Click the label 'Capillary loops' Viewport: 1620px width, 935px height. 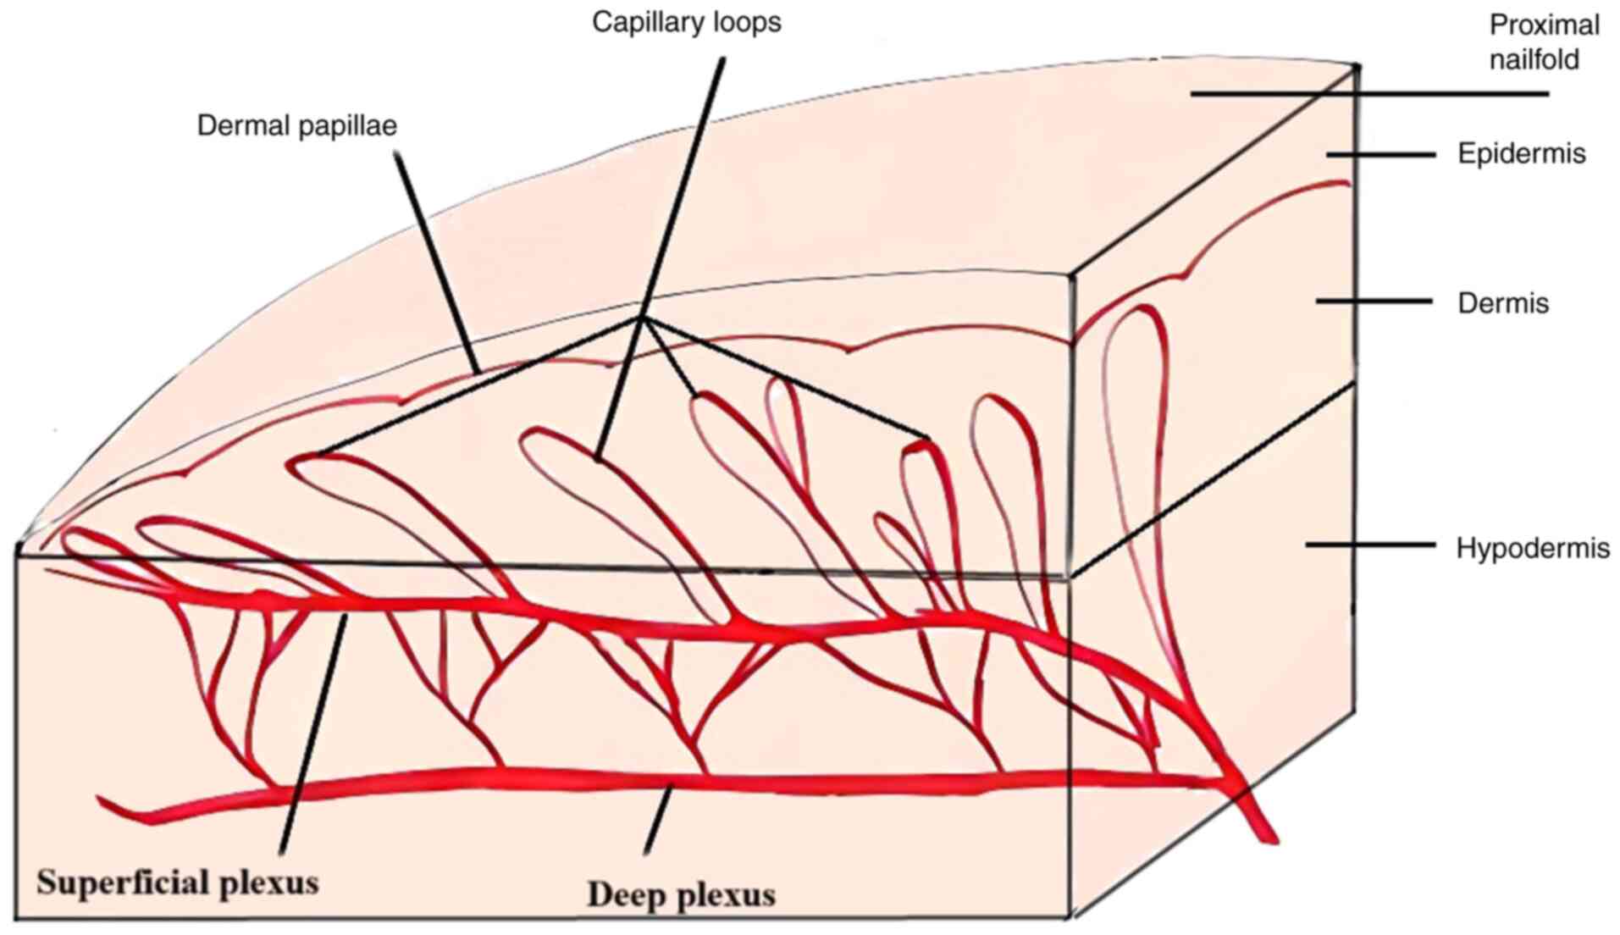(x=686, y=23)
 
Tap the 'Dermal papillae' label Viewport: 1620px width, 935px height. (x=296, y=126)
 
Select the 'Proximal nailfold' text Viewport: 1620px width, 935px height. (x=1543, y=42)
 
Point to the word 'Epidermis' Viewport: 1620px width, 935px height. (x=1521, y=154)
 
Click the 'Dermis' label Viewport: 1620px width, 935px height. (x=1502, y=303)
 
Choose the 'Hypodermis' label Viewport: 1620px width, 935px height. (x=1532, y=548)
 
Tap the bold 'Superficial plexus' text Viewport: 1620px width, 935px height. (x=178, y=882)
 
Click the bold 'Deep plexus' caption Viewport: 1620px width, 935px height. (x=681, y=894)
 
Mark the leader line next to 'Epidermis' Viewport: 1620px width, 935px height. (x=1380, y=155)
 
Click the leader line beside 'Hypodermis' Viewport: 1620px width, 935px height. (x=1369, y=545)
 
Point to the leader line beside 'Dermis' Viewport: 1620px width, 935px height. (x=1373, y=302)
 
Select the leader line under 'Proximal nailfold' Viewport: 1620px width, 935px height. (x=1369, y=94)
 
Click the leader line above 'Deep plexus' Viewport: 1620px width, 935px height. (x=658, y=819)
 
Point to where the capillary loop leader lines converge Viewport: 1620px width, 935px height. (x=642, y=318)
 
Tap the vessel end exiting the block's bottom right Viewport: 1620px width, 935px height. (x=1266, y=834)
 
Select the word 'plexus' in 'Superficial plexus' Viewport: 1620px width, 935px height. (x=269, y=882)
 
